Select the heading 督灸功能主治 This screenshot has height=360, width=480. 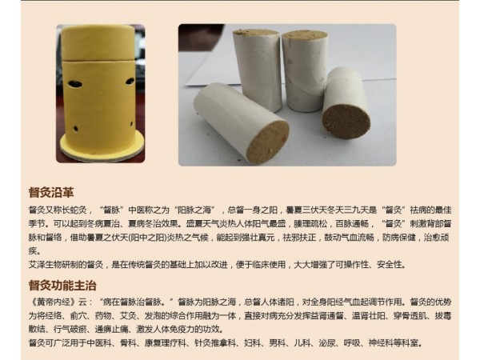coord(57,284)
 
